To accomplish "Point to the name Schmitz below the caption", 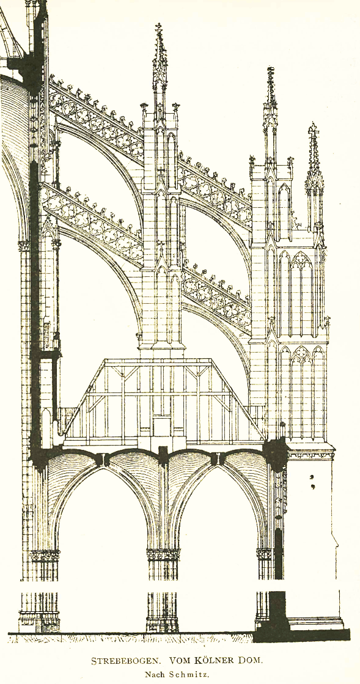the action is (189, 674).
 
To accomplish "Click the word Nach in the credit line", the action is (156, 674).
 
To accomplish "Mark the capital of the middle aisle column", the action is (163, 554).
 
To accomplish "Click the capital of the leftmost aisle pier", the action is (45, 556).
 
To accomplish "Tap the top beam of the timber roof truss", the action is (158, 362).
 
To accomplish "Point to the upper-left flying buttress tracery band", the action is (97, 118).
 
